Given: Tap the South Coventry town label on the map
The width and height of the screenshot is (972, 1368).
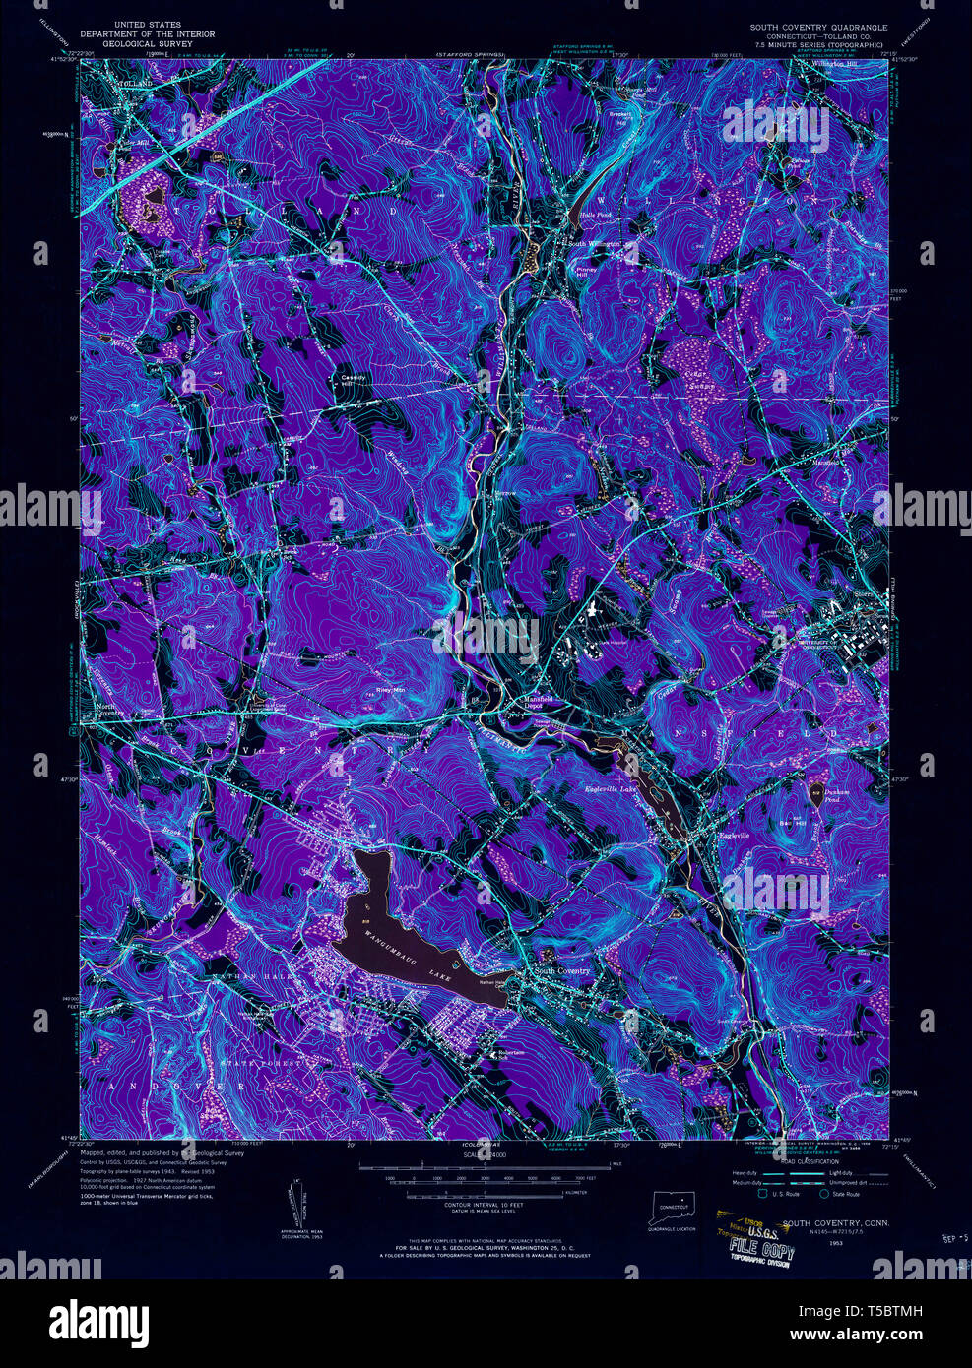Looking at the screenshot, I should point(561,971).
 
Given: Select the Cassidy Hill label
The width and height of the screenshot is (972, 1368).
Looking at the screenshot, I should point(353,380).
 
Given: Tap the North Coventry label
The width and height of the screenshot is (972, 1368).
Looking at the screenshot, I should point(105,710).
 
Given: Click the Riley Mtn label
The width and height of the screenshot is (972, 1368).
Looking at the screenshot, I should point(390,690).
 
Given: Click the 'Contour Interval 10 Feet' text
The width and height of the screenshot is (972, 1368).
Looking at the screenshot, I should point(486,1206).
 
